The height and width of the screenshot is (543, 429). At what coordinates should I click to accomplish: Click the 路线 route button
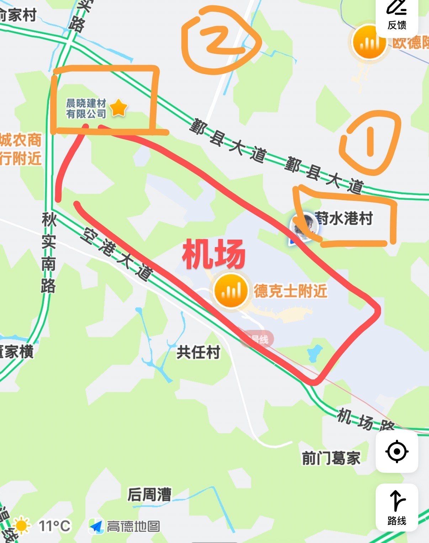point(397,507)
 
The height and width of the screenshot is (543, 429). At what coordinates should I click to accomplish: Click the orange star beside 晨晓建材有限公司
point(118,108)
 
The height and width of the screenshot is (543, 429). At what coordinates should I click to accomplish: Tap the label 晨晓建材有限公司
point(86,109)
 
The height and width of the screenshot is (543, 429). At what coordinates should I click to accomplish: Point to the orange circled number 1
point(370,142)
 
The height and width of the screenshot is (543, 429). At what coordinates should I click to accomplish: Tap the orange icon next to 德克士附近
point(231,291)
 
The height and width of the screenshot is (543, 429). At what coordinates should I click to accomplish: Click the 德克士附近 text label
point(290,291)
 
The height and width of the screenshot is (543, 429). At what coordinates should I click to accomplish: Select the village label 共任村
point(198,353)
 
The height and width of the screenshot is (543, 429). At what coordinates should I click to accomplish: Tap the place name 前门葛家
point(331,458)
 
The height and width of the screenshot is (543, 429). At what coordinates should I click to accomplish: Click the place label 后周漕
point(149,495)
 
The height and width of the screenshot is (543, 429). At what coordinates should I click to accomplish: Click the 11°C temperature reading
point(54,526)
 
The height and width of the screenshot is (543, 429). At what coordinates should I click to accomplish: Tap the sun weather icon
point(21,526)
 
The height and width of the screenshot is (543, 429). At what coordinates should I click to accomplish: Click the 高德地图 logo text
point(133,526)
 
